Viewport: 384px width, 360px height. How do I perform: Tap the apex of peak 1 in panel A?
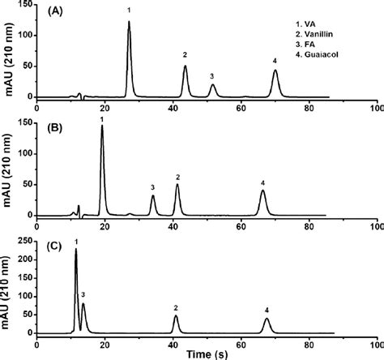tap(129, 22)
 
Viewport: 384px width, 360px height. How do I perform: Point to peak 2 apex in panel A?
tap(186, 66)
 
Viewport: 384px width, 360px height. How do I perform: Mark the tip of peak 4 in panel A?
tap(275, 71)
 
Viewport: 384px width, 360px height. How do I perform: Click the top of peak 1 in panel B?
tap(102, 126)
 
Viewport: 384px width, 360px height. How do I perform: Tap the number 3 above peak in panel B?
tap(152, 187)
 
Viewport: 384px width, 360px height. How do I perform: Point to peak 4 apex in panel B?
tap(262, 191)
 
